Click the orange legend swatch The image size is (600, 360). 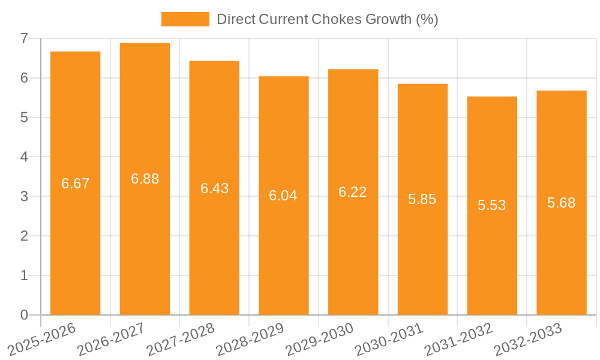click(185, 19)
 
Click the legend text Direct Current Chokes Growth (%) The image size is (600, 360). click(327, 19)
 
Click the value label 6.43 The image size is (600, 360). click(214, 188)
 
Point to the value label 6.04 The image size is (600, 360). click(283, 196)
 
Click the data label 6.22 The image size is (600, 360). click(353, 192)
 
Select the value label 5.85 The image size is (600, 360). click(422, 200)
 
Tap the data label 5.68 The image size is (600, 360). click(561, 203)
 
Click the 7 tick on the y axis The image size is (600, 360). click(24, 38)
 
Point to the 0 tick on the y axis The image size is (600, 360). click(24, 315)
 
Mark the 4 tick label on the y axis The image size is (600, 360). click(24, 157)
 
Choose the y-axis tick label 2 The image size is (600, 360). click(24, 236)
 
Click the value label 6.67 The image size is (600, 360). click(75, 184)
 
